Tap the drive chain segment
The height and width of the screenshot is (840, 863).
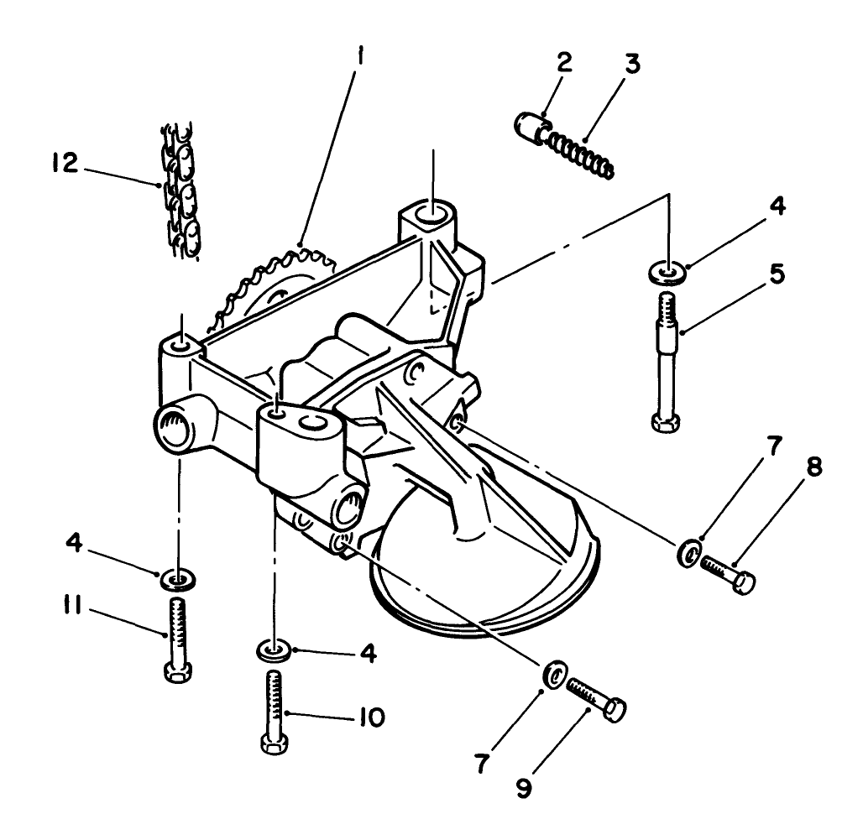pyautogui.click(x=180, y=191)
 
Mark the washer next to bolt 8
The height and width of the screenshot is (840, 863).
pyautogui.click(x=690, y=554)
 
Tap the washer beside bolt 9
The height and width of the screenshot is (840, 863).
pyautogui.click(x=554, y=675)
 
